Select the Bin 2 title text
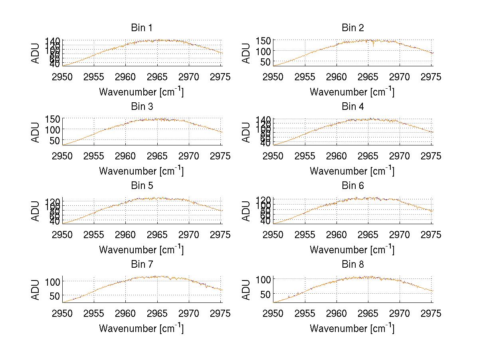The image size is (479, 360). click(352, 28)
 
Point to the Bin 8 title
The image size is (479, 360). click(352, 265)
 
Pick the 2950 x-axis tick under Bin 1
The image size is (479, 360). click(63, 77)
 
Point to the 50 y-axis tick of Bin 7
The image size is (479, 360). click(56, 296)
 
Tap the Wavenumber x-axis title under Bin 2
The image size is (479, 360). click(352, 92)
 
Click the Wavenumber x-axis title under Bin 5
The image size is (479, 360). click(141, 250)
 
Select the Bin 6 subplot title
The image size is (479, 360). click(352, 186)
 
